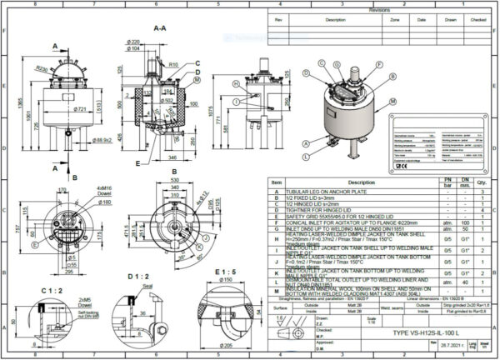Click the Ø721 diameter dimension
tap(57, 108)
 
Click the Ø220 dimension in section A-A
tap(133, 42)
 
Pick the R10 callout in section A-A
tap(173, 63)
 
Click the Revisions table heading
tap(379, 10)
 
